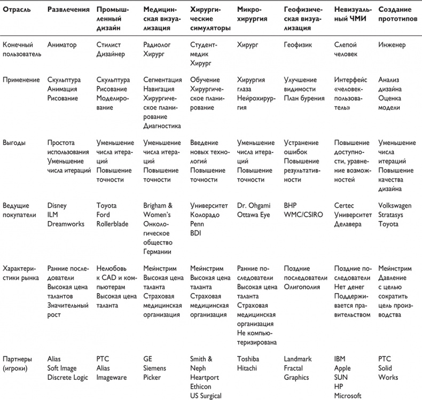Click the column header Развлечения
tap(68, 10)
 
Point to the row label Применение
tap(21, 80)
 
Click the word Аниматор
tap(63, 45)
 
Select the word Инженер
tap(393, 45)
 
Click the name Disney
tap(57, 205)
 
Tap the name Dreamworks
tap(66, 224)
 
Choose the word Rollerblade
tap(112, 224)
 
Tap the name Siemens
tap(155, 368)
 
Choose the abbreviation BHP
tap(290, 205)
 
